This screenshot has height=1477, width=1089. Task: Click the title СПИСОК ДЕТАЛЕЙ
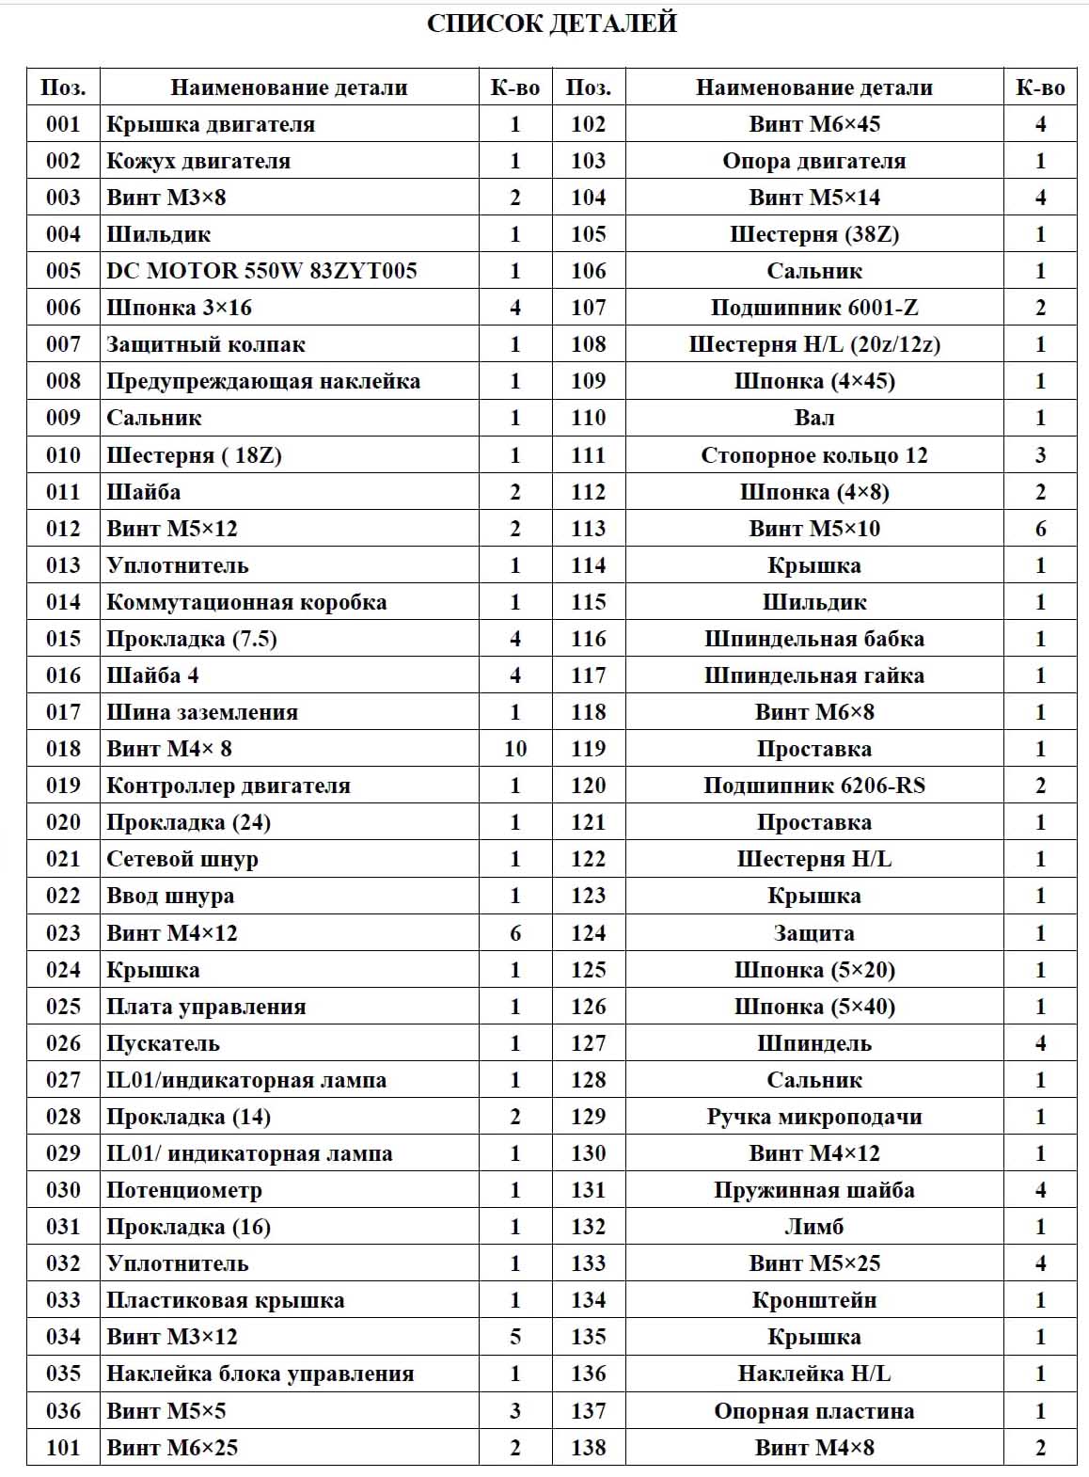click(552, 24)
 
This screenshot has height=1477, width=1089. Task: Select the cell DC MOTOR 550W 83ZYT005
click(261, 271)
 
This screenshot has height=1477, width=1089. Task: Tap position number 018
click(63, 749)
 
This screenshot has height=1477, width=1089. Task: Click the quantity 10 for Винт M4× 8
click(514, 749)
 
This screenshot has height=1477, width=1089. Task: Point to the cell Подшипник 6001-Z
click(814, 308)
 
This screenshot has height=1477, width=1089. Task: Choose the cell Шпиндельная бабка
click(814, 639)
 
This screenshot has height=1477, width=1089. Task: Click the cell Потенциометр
click(184, 1190)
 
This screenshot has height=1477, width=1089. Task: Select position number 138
click(588, 1448)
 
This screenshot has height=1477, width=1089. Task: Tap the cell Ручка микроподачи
click(814, 1117)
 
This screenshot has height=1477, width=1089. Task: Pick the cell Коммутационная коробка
click(246, 602)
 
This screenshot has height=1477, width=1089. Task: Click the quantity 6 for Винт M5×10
click(1040, 529)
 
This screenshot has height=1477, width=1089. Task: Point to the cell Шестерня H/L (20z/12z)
click(814, 344)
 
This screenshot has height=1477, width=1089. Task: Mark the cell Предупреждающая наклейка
click(263, 381)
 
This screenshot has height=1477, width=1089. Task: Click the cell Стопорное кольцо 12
click(814, 455)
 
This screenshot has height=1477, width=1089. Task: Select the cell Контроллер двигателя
click(229, 786)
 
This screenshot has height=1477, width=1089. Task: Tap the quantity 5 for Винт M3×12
click(514, 1337)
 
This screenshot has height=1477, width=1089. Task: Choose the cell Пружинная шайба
click(814, 1190)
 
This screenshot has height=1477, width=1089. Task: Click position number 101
click(63, 1448)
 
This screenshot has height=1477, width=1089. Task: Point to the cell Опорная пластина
click(814, 1411)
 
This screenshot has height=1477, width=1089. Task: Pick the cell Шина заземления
click(202, 712)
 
